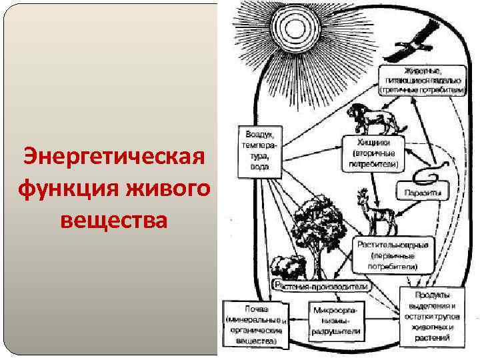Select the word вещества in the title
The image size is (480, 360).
tap(112, 218)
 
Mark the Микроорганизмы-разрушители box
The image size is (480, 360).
tap(337, 321)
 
